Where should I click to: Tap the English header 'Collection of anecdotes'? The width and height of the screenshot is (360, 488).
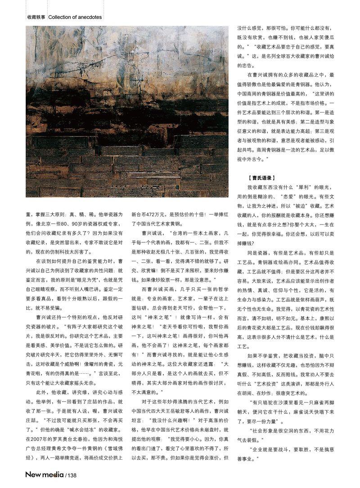point(75,18)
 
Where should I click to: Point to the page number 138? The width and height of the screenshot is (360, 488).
point(72,475)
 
